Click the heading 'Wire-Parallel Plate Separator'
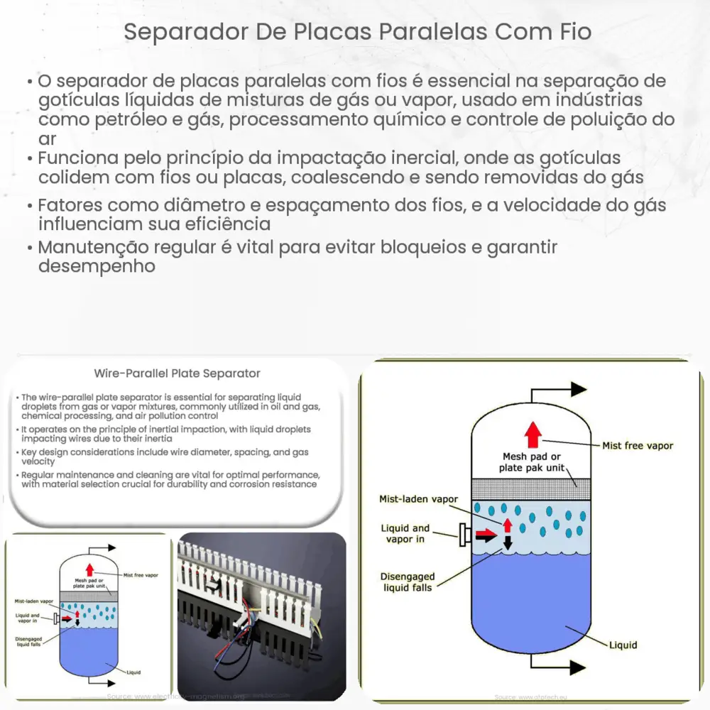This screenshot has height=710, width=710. click(x=177, y=373)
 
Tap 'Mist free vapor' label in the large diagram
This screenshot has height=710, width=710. click(x=637, y=445)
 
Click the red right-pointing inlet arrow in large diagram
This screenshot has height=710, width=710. click(x=486, y=534)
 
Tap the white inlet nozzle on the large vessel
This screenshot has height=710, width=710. click(x=466, y=535)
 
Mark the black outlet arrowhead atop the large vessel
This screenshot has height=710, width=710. click(x=578, y=388)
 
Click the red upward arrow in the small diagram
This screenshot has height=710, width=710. click(x=89, y=569)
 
